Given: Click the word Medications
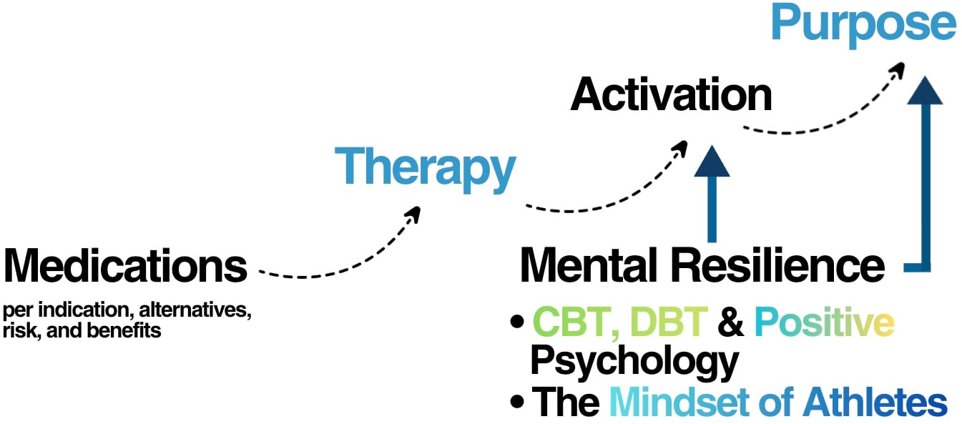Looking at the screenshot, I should tap(125, 266).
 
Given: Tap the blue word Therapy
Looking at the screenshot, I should tap(428, 167).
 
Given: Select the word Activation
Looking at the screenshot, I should tap(671, 94).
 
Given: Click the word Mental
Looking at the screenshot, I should tap(592, 266).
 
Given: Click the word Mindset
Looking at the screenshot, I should tap(683, 403).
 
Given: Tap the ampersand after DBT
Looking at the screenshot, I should tap(730, 324).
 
